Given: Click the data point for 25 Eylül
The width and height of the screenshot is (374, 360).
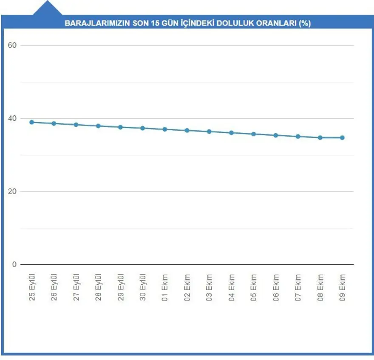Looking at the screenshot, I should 31,122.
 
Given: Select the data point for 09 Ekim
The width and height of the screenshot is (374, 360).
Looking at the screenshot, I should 342,137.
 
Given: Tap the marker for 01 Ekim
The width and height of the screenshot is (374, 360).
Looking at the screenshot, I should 165,129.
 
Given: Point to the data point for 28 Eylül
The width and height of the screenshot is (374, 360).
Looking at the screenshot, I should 98,126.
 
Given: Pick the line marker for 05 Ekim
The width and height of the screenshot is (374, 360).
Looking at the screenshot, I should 253,134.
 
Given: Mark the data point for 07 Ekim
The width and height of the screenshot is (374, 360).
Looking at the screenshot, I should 298,137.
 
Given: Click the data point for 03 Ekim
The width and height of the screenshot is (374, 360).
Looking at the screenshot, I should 209,131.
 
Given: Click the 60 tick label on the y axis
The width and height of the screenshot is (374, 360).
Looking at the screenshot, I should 12,45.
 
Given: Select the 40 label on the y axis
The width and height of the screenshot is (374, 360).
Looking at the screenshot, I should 12,118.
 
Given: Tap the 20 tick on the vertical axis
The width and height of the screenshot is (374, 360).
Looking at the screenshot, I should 12,191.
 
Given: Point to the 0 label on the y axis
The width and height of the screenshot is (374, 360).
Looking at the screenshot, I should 14,265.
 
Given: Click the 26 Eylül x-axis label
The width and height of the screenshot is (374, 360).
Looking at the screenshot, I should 54,288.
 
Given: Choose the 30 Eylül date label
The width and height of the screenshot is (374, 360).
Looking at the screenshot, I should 143,288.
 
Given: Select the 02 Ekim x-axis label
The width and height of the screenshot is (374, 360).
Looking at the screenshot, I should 187,288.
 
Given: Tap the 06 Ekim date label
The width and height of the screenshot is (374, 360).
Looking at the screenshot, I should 276,288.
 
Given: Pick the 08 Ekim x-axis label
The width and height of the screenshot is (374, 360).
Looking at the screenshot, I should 320,288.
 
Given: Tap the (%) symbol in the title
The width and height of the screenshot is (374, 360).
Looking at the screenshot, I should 305,23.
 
